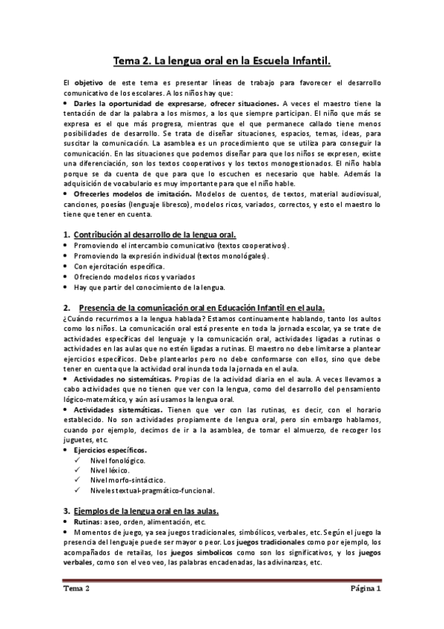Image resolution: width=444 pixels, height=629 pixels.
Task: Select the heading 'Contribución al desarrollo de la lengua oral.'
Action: tap(150, 234)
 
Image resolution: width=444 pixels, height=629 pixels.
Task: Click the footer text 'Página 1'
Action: tap(366, 589)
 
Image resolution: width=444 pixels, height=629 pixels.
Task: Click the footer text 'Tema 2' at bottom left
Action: tap(76, 589)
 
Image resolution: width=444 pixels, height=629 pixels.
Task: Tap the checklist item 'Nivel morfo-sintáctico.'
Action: tap(126, 480)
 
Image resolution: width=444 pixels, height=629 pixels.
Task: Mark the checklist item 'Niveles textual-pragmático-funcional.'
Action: tap(152, 490)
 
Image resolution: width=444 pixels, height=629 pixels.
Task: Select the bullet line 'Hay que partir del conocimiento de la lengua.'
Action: tap(150, 286)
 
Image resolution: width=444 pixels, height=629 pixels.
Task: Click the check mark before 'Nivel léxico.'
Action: tap(78, 470)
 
